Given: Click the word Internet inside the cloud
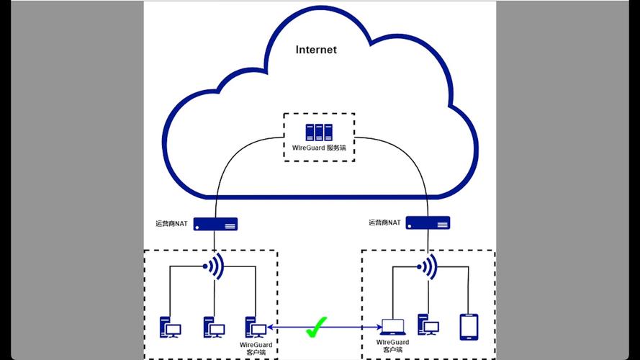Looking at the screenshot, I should [x=316, y=50].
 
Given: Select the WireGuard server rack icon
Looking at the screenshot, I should [x=319, y=132].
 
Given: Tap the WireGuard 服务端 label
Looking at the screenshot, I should [x=319, y=148].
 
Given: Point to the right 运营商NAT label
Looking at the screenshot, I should [x=384, y=223].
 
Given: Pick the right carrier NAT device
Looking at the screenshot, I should [x=428, y=222].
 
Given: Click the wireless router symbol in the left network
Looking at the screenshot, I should [x=215, y=266].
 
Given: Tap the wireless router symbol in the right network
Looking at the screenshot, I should [x=428, y=267].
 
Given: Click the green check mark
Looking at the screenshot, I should [x=314, y=328].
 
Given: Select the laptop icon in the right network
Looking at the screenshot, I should [x=392, y=328].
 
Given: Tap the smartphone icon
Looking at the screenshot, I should [x=468, y=325].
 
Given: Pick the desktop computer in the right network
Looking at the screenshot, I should [x=428, y=325].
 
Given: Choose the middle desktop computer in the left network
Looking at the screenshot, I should [x=213, y=328].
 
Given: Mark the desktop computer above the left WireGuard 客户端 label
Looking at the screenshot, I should [x=256, y=328].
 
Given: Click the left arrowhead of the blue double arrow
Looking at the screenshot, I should [x=270, y=328].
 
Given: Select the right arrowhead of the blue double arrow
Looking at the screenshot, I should [x=377, y=328].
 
